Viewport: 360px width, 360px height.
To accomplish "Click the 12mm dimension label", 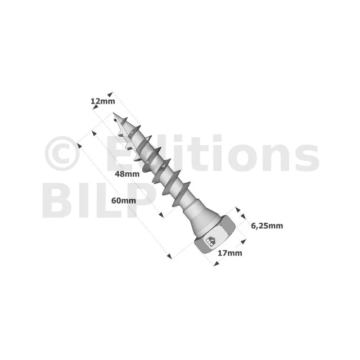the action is pyautogui.click(x=102, y=101).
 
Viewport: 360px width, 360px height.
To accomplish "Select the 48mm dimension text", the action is pyautogui.click(x=127, y=174).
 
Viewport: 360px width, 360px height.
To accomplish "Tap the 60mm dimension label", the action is pyautogui.click(x=124, y=200).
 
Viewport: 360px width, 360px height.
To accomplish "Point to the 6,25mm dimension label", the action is pyautogui.click(x=267, y=226).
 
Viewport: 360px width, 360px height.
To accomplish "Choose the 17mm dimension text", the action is pyautogui.click(x=230, y=253).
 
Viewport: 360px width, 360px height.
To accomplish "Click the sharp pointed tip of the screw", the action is pyautogui.click(x=114, y=112).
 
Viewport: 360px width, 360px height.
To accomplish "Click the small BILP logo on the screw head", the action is pyautogui.click(x=210, y=241).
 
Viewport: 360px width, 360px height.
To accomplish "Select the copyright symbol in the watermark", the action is pyautogui.click(x=62, y=154).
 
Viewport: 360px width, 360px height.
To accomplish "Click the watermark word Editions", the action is pyautogui.click(x=213, y=153).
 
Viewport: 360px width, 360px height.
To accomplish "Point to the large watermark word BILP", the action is pyautogui.click(x=100, y=200).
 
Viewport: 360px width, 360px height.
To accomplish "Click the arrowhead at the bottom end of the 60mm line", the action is pyautogui.click(x=169, y=256).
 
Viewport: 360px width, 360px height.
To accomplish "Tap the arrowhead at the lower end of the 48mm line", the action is pyautogui.click(x=161, y=215).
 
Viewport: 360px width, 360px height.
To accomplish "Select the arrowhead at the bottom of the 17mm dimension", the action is pyautogui.click(x=216, y=264).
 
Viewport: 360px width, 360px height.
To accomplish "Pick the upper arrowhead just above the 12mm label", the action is pyautogui.click(x=110, y=94).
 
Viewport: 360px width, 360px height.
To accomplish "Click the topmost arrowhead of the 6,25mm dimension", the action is pyautogui.click(x=238, y=209).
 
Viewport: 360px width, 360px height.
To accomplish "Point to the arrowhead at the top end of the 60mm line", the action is pyautogui.click(x=79, y=146).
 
